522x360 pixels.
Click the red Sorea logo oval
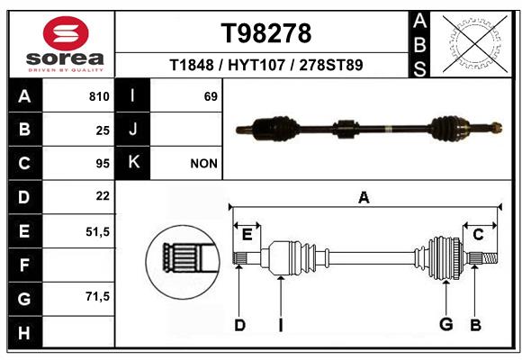[x=66, y=33]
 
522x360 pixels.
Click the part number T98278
[x=266, y=33]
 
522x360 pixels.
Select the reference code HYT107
[x=256, y=65]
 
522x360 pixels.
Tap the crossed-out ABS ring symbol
[x=475, y=44]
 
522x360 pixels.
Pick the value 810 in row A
[x=99, y=96]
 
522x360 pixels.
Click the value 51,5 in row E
[x=97, y=231]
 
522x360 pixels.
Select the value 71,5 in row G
[x=97, y=296]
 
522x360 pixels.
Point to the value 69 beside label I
[x=211, y=96]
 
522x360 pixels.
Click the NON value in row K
[x=203, y=164]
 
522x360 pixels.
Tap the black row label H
[x=25, y=332]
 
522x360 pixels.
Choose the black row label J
[x=132, y=129]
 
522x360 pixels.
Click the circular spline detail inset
[x=183, y=262]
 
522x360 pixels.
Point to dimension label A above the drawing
[x=364, y=197]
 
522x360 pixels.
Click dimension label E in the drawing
[x=247, y=235]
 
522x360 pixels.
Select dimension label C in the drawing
[x=478, y=235]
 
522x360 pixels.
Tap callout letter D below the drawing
[x=239, y=325]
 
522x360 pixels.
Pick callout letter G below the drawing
[x=446, y=324]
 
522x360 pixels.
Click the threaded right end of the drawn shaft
[x=490, y=258]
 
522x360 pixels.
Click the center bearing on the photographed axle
[x=346, y=129]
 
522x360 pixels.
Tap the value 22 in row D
[x=103, y=196]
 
